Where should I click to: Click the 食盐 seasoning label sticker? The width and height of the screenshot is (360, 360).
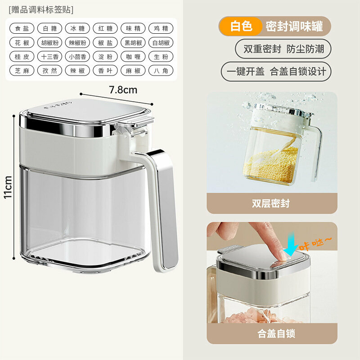pos(22,28)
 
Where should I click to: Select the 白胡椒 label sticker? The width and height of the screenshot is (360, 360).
pos(161,43)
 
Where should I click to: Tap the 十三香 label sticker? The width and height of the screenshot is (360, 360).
pos(49,57)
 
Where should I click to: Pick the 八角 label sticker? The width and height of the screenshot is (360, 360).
pos(161,71)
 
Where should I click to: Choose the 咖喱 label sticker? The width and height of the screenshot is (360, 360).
pos(133,57)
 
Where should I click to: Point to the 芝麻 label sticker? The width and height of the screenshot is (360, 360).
pos(22,71)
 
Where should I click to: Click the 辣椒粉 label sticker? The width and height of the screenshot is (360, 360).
pos(77,43)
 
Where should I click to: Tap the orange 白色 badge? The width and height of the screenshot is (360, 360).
pos(241,26)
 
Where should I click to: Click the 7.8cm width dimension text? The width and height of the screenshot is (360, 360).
pos(123,90)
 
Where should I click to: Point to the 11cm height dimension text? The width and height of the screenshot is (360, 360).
pos(8,187)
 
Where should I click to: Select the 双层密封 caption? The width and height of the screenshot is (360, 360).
pos(271,204)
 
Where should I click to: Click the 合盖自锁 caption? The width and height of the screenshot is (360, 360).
pos(276,333)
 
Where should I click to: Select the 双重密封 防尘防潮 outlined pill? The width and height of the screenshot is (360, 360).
pos(283,49)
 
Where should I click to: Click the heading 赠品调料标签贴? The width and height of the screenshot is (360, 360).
pos(41,10)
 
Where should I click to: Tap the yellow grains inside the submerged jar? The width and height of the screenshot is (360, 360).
pos(271,164)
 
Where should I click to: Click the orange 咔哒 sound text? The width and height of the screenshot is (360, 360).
pos(315,244)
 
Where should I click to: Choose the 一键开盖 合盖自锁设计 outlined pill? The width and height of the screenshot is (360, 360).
pos(276,72)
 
